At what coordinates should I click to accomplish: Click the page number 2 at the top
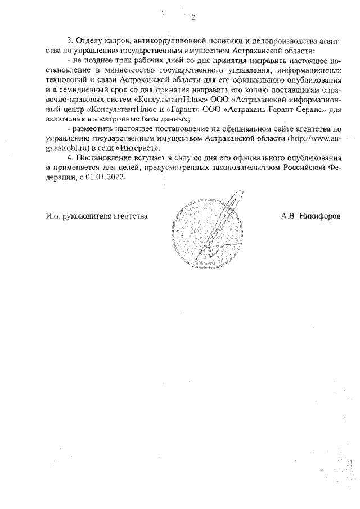point(193,17)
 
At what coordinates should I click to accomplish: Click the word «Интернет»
point(141,148)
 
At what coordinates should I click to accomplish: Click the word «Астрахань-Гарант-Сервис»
point(267,110)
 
